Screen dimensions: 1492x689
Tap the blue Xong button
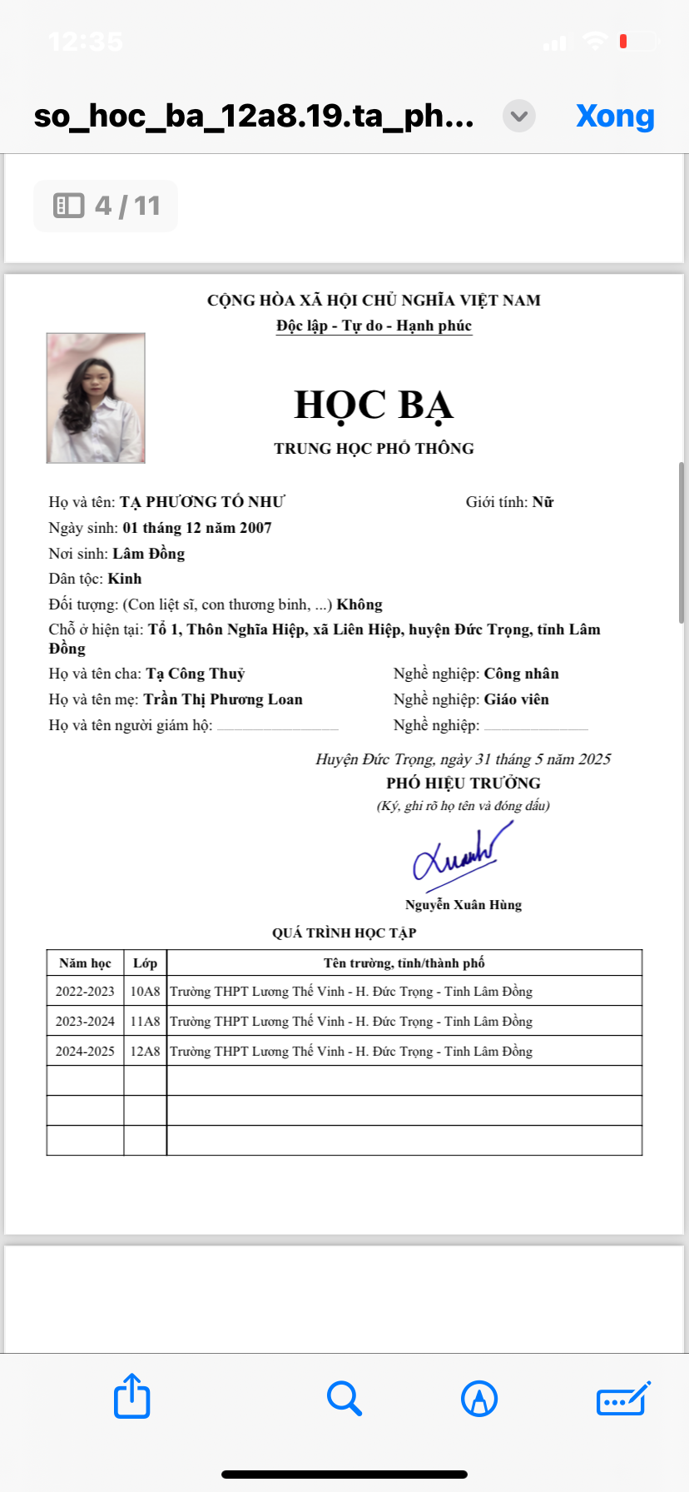point(615,117)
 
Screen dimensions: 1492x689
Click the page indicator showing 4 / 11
point(106,206)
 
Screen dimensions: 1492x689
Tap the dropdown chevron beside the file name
point(519,116)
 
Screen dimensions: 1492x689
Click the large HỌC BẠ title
point(374,405)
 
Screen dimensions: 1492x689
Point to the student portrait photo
point(96,398)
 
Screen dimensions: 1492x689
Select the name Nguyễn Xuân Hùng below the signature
point(463,905)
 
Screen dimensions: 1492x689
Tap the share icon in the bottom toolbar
point(131,1396)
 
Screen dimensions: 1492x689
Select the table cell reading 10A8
point(145,992)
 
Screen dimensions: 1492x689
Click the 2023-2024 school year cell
point(85,1022)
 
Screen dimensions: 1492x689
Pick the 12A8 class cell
point(145,1052)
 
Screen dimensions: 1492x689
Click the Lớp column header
point(145,963)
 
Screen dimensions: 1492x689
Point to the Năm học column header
point(85,963)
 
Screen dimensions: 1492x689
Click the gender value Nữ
point(543,502)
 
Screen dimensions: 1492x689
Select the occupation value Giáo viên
point(516,699)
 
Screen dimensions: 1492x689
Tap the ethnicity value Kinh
point(125,579)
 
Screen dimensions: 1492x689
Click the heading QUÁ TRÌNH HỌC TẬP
point(344,933)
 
